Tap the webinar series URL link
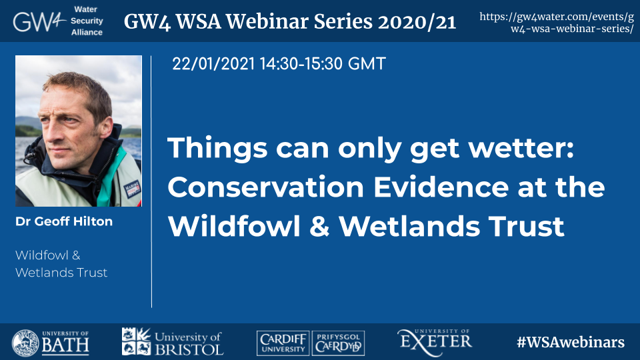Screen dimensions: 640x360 (x=557, y=23)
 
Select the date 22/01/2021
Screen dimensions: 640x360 (x=213, y=64)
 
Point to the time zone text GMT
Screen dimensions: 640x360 (x=367, y=64)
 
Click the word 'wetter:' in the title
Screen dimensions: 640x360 (x=521, y=147)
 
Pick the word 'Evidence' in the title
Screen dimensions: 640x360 (x=441, y=187)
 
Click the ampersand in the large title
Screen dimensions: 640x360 (x=319, y=226)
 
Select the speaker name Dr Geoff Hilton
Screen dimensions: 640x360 (x=64, y=221)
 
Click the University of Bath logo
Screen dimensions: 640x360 (x=50, y=343)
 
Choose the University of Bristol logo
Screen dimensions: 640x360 (x=173, y=341)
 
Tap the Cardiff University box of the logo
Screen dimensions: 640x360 (x=283, y=343)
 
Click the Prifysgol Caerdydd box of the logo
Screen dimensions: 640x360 (x=339, y=343)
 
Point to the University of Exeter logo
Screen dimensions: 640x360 (x=435, y=341)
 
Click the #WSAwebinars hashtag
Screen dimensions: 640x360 (x=571, y=342)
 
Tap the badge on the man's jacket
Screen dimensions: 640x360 (x=132, y=189)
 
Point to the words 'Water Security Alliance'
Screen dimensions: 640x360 (x=87, y=21)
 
